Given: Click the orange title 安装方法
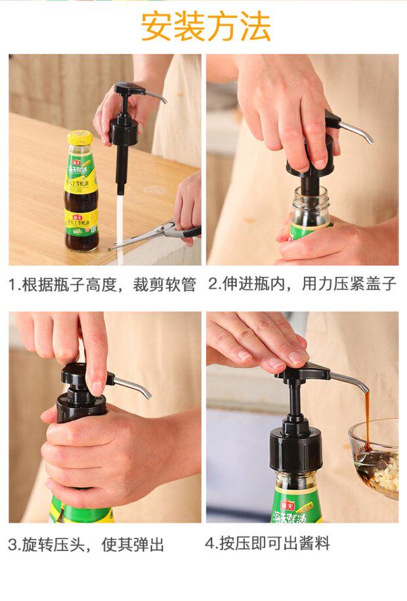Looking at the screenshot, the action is (x=206, y=26).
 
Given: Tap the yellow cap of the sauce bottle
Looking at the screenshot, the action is (x=80, y=137).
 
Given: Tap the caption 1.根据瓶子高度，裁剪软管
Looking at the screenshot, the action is (x=102, y=285).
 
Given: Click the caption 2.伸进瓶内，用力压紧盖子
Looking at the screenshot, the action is (x=302, y=284).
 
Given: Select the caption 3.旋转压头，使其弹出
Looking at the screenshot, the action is (x=87, y=544).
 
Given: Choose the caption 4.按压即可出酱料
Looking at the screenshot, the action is (x=267, y=543).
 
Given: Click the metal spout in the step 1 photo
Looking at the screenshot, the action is (x=156, y=96).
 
